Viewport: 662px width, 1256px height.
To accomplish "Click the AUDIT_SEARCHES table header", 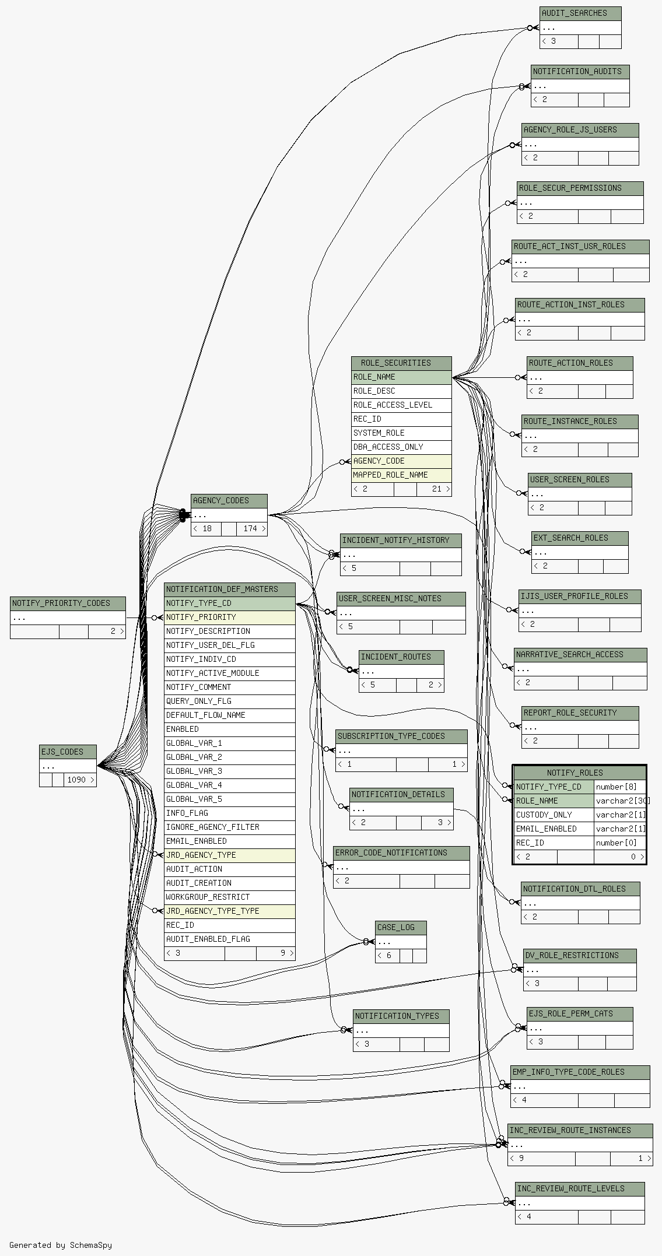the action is [580, 13].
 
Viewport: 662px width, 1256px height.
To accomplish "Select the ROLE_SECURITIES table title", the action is [401, 363].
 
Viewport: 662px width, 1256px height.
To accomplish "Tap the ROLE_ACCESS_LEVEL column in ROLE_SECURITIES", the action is [401, 405].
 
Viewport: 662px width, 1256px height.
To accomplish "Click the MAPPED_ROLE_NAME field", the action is [401, 475].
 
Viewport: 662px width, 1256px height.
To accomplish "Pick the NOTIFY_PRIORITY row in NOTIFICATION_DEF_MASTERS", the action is [230, 618].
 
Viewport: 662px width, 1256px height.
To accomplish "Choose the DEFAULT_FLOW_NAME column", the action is [230, 715].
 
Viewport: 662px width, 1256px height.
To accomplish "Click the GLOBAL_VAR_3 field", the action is [230, 771].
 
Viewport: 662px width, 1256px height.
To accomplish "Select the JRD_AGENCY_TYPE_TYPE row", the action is [230, 911].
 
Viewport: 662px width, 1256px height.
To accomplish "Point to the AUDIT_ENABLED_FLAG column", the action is [230, 939].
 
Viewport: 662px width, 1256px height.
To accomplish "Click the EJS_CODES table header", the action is [68, 752].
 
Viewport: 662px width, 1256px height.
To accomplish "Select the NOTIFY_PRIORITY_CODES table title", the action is [68, 604].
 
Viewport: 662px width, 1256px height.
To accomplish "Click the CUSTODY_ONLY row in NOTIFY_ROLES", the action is [554, 815].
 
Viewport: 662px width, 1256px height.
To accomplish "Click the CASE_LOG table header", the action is [401, 928].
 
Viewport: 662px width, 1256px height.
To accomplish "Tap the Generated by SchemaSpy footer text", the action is [61, 1245].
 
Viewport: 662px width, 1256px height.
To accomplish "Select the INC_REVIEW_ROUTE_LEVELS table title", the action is [580, 1189].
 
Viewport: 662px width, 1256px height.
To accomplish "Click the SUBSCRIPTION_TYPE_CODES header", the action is [401, 736].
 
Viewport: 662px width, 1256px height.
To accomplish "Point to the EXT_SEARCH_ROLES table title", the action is [580, 538].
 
